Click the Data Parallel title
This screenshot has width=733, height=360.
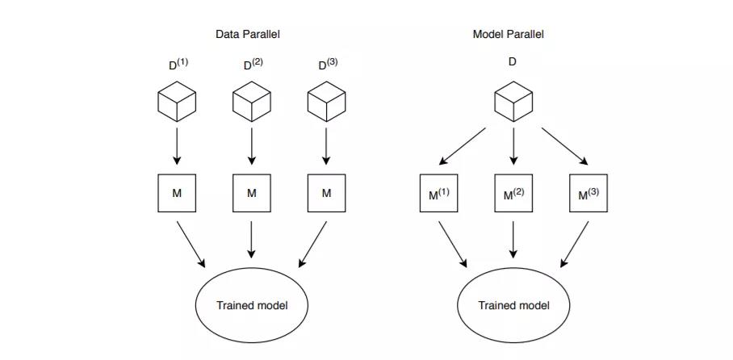(247, 34)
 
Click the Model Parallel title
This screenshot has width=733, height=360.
(508, 34)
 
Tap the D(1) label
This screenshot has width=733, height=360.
(178, 64)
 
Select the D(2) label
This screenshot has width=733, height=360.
(253, 64)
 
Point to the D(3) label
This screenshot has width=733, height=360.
(328, 64)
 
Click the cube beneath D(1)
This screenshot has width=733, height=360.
(177, 102)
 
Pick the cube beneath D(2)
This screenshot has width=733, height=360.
(252, 102)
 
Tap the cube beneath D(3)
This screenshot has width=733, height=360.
(326, 102)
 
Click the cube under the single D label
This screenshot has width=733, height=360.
(513, 102)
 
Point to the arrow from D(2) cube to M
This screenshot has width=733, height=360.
(252, 146)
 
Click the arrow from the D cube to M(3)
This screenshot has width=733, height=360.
(565, 146)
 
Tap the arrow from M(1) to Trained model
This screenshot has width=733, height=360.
(453, 245)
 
